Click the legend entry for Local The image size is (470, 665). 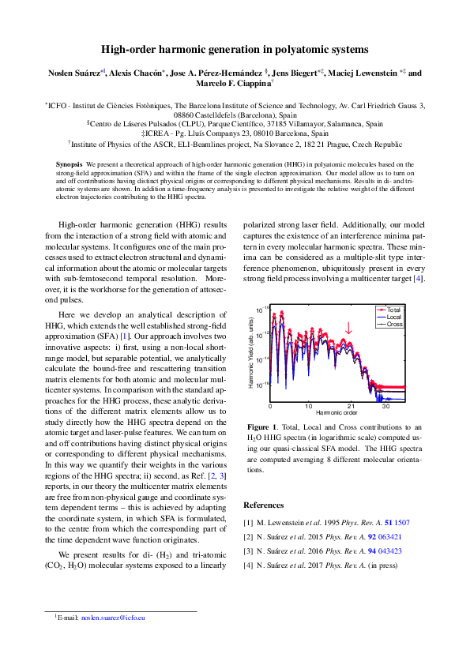tap(394, 317)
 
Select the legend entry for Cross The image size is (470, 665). tap(394, 324)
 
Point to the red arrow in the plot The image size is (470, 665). tap(348, 328)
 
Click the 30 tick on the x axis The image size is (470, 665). tap(385, 406)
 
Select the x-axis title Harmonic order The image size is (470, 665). tap(337, 413)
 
